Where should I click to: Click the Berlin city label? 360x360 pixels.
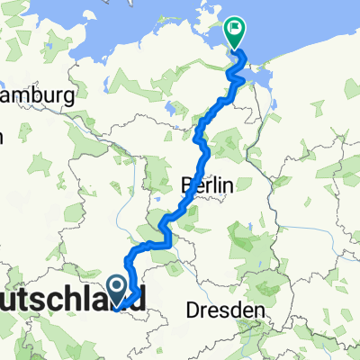pyautogui.click(x=208, y=185)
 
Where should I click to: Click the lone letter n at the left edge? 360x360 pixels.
pyautogui.click(x=3, y=137)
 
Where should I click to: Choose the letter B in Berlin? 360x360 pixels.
pyautogui.click(x=188, y=185)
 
